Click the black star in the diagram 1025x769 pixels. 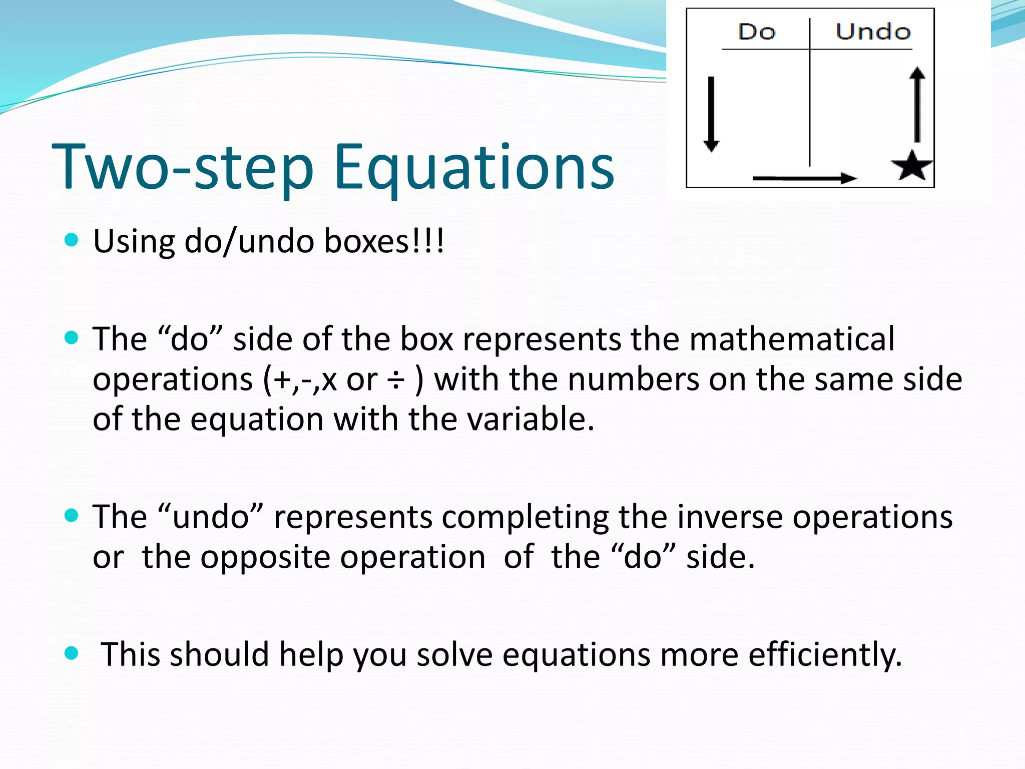pyautogui.click(x=912, y=166)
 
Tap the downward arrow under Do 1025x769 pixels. pyautogui.click(x=711, y=114)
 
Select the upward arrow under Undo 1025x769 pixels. pyautogui.click(x=917, y=105)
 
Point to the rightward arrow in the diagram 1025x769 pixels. pyautogui.click(x=804, y=178)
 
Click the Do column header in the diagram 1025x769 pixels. pyautogui.click(x=757, y=32)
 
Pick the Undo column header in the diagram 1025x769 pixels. pyautogui.click(x=873, y=32)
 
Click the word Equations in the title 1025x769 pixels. pyautogui.click(x=474, y=168)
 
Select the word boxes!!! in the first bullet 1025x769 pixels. pyautogui.click(x=384, y=241)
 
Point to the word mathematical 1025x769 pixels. pyautogui.click(x=792, y=339)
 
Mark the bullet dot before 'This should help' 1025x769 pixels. pyautogui.click(x=72, y=653)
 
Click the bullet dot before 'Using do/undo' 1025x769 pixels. pyautogui.click(x=72, y=240)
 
